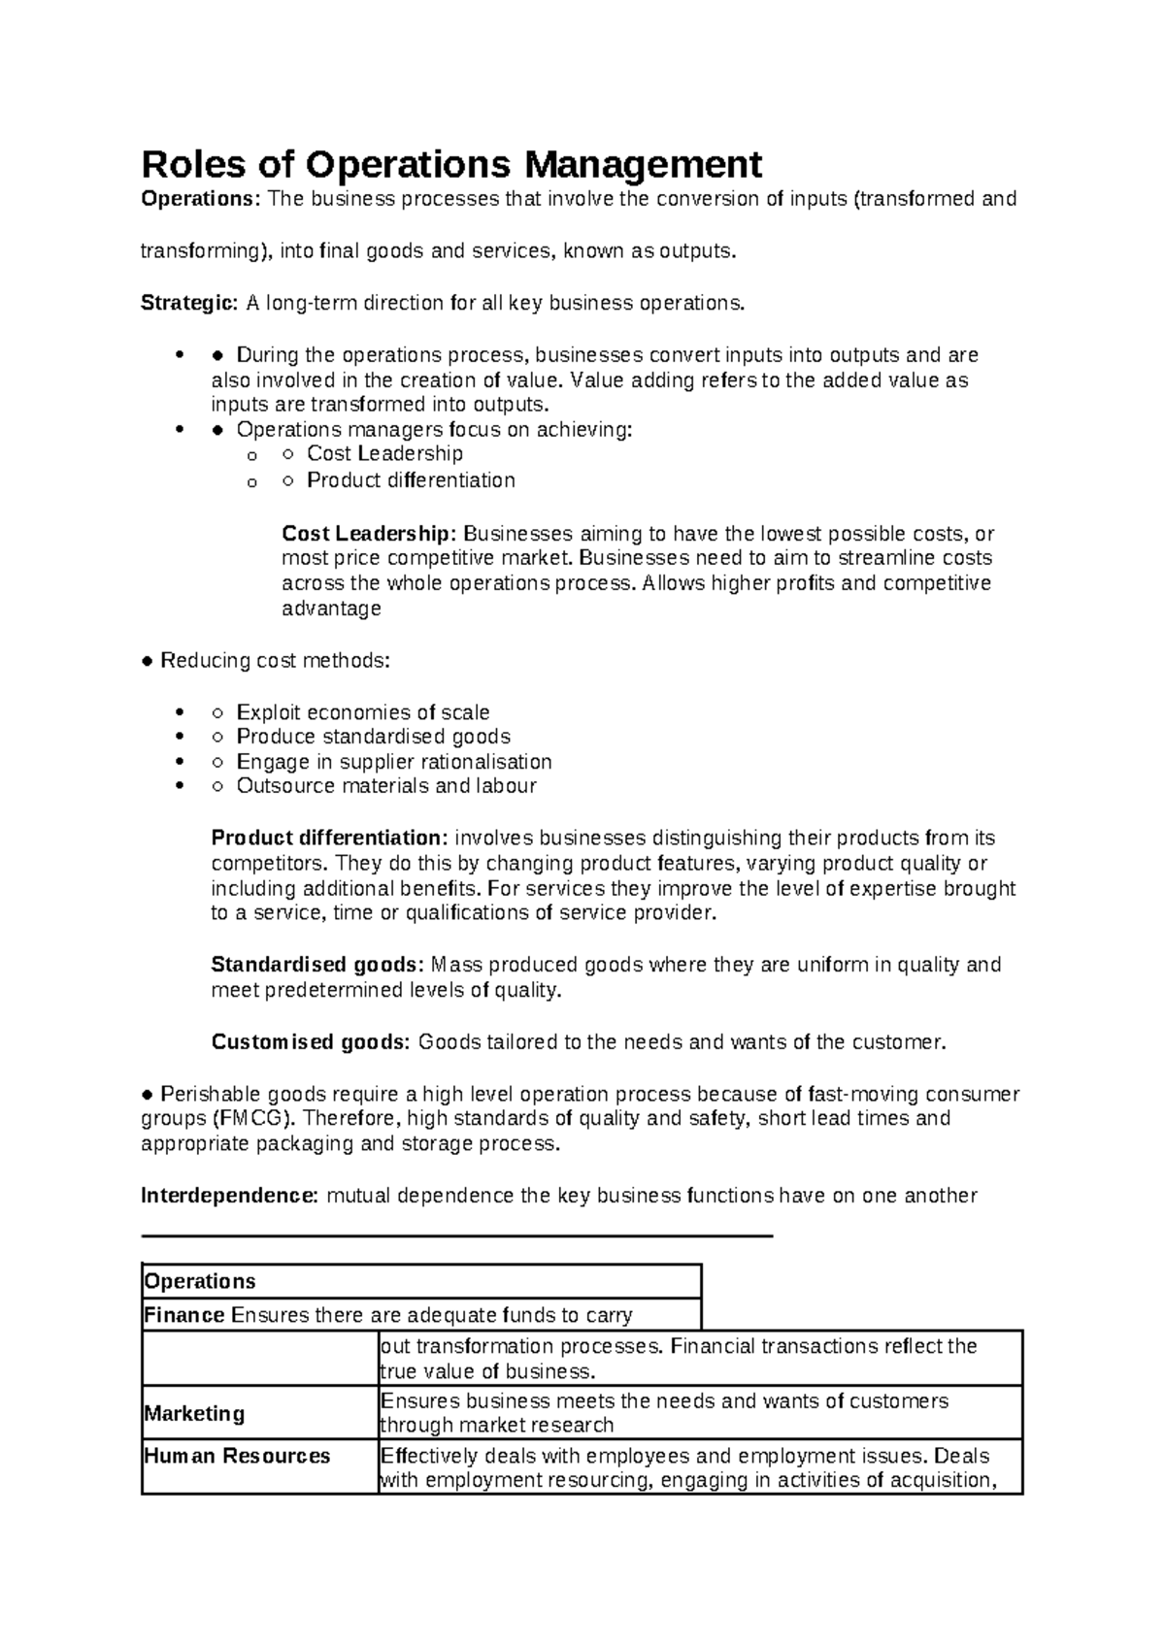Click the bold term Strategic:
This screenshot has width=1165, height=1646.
click(188, 303)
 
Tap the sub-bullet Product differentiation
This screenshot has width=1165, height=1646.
click(411, 480)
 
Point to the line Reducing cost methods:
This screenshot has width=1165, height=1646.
click(274, 661)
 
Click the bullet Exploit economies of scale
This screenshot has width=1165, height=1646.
click(362, 712)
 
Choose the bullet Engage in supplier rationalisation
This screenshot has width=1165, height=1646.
click(393, 762)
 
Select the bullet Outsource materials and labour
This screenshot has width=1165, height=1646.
click(385, 786)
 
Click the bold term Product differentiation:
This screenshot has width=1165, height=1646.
click(330, 838)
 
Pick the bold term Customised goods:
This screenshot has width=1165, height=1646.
click(311, 1042)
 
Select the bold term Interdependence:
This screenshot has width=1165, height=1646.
click(229, 1196)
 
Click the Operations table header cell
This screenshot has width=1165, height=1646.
click(200, 1281)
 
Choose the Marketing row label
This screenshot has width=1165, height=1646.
click(194, 1413)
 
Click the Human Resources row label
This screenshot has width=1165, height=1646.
click(237, 1456)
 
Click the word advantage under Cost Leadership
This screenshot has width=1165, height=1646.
click(331, 609)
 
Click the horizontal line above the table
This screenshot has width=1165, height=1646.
click(456, 1235)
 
